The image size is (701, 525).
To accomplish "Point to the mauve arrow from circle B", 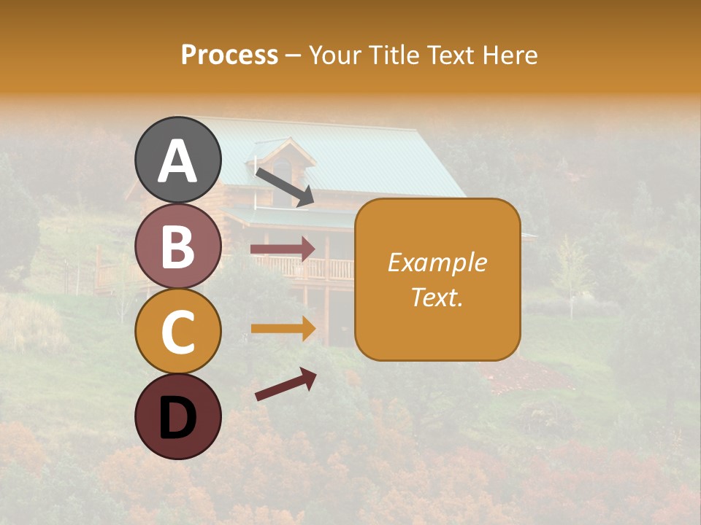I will click(283, 249).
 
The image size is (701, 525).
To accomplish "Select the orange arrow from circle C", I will click(283, 329).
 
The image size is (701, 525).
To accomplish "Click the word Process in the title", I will click(229, 55).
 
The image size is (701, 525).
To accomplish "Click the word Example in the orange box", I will click(437, 262).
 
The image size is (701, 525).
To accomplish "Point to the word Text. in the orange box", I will click(437, 297).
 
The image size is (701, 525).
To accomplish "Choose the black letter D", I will click(177, 419).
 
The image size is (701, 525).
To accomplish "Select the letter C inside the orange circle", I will click(177, 332).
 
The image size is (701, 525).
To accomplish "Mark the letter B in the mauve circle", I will click(177, 247).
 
